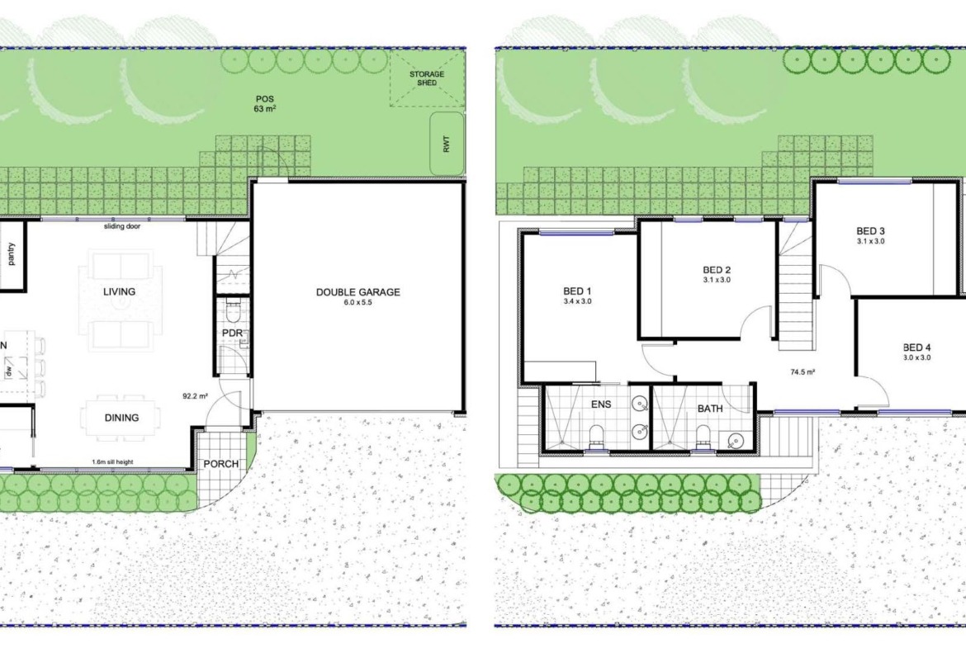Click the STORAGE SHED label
tap(426, 78)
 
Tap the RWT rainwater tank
tap(446, 143)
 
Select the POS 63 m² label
tap(265, 103)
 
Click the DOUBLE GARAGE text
tap(358, 292)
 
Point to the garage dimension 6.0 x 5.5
tap(358, 303)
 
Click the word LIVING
tap(119, 291)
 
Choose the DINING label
tap(121, 418)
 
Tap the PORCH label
tap(220, 464)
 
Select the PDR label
tap(232, 333)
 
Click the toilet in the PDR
tap(232, 312)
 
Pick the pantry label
tap(11, 253)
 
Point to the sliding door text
tap(122, 227)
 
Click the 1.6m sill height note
tap(112, 462)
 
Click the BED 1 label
tap(577, 291)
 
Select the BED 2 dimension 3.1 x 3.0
tap(717, 281)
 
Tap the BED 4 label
tap(916, 348)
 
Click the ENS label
tap(601, 404)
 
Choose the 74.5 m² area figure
tap(803, 372)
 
